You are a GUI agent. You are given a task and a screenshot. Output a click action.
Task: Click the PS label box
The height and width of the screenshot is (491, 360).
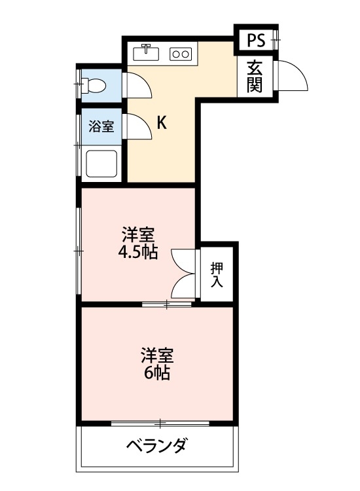pyautogui.click(x=256, y=41)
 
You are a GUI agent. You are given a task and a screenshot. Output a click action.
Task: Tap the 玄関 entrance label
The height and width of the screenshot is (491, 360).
pyautogui.click(x=255, y=76)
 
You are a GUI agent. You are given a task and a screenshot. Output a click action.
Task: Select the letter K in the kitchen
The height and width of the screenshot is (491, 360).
pyautogui.click(x=161, y=122)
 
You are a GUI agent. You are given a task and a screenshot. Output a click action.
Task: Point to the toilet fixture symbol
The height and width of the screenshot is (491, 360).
pyautogui.click(x=95, y=83)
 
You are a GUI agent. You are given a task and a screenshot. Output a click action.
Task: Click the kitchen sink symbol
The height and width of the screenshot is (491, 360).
pyautogui.click(x=147, y=52)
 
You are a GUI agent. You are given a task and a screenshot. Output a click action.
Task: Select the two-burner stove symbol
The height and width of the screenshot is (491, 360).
pyautogui.click(x=179, y=54)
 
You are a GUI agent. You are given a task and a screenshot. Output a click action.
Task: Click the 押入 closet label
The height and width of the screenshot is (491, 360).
pyautogui.click(x=217, y=275)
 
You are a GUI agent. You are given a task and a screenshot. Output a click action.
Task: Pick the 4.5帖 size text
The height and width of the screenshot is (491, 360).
pyautogui.click(x=139, y=253)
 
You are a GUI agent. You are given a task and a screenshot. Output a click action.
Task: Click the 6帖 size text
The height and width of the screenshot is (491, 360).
pyautogui.click(x=158, y=373)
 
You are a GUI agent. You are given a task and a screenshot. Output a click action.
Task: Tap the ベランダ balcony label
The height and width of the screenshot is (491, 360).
pyautogui.click(x=157, y=446)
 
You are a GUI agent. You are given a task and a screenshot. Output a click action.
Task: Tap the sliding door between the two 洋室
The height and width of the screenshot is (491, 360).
pyautogui.click(x=167, y=304)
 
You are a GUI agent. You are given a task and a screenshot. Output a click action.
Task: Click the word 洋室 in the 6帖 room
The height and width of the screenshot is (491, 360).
pyautogui.click(x=158, y=356)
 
